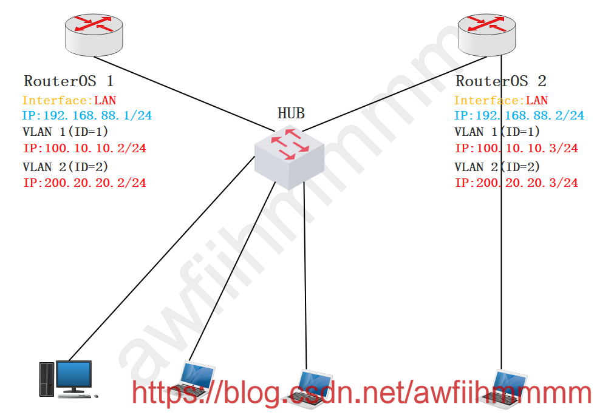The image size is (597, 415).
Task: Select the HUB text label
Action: coord(291,113)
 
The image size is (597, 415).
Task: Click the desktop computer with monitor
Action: coord(67,380)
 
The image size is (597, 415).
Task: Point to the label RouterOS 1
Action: coord(69,81)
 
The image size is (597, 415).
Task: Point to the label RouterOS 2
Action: coord(501,81)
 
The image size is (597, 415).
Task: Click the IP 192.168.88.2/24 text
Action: coord(519,115)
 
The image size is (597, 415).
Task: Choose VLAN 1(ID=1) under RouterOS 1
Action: coord(65,132)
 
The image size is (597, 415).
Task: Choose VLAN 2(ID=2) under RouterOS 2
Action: coord(497,167)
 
